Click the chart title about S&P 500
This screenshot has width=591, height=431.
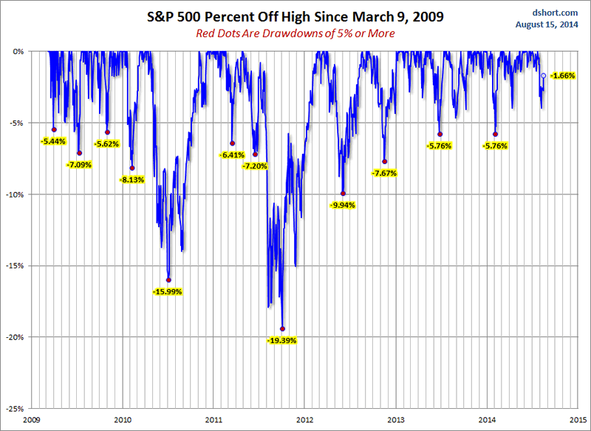click(295, 16)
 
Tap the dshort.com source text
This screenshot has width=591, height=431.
click(556, 12)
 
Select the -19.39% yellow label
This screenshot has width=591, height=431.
click(281, 340)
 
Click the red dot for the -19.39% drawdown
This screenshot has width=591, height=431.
click(282, 329)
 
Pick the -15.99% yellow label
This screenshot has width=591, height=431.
click(168, 291)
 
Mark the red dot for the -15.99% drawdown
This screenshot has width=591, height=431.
click(168, 280)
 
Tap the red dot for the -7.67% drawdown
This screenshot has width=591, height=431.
click(384, 162)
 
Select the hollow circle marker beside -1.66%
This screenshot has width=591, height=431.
click(543, 75)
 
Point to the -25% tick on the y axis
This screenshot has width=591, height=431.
click(15, 408)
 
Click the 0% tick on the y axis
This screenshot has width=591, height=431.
click(18, 52)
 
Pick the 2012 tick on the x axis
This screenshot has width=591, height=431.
click(304, 419)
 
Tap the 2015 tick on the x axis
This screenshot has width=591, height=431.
click(578, 419)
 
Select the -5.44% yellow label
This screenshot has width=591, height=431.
click(53, 140)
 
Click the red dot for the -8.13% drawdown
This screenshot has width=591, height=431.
click(132, 168)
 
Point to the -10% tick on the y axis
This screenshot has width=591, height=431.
click(15, 194)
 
